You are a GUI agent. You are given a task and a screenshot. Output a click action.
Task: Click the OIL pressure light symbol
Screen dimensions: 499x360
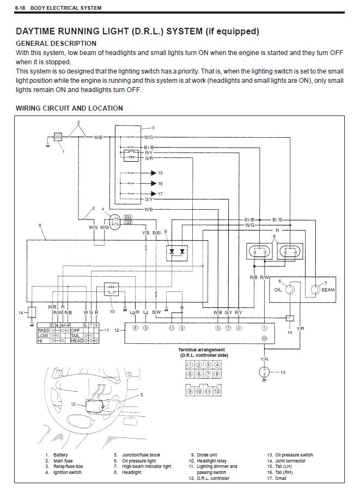(x=290, y=289)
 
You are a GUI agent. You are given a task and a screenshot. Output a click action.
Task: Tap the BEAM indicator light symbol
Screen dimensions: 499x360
(x=315, y=289)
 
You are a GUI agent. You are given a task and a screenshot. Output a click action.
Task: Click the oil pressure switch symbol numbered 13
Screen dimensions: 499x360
(x=264, y=372)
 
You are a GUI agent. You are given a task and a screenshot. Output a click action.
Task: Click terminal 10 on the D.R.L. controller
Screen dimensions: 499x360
(x=264, y=338)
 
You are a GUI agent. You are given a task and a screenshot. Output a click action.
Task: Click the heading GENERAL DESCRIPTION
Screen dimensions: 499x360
(x=56, y=43)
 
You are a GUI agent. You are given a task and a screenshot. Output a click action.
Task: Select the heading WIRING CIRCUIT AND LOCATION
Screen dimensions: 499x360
(x=69, y=108)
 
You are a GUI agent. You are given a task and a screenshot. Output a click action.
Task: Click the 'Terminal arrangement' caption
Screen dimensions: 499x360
(x=202, y=350)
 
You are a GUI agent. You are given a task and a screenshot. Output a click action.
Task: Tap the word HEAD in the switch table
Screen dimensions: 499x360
(x=76, y=340)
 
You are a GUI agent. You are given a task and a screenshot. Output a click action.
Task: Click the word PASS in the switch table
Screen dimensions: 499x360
(x=43, y=330)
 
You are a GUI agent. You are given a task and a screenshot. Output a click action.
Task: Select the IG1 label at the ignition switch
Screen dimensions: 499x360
(x=129, y=217)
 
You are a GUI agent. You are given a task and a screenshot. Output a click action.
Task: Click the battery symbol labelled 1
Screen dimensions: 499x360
(x=58, y=137)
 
